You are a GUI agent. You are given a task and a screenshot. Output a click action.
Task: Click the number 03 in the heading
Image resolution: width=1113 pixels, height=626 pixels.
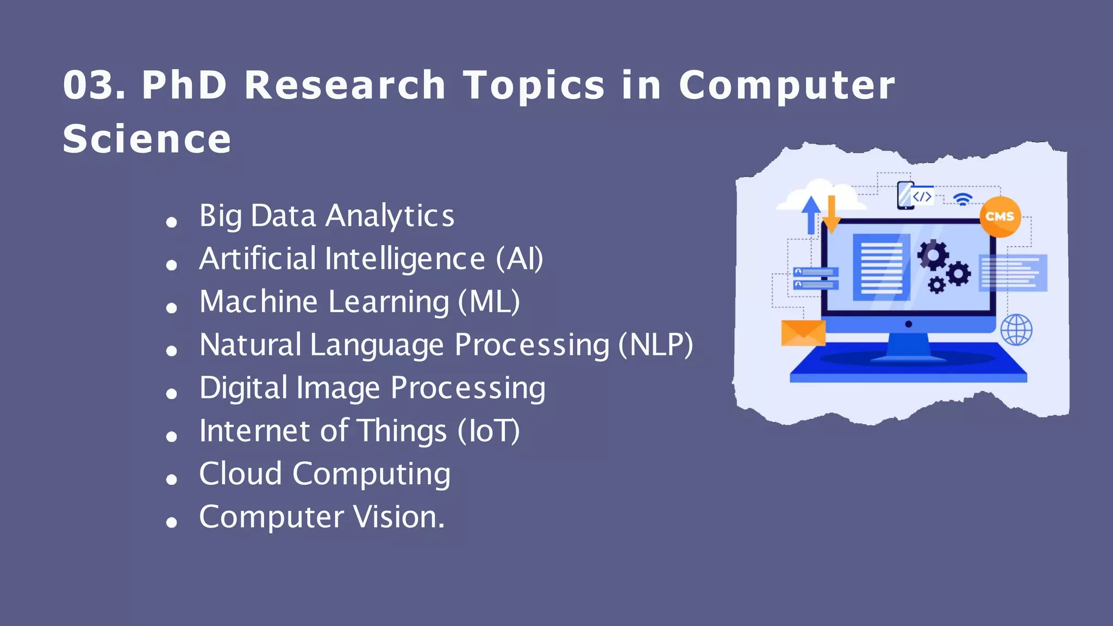[x=90, y=85]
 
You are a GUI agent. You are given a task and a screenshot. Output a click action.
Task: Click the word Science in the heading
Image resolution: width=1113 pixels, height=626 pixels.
[x=147, y=139]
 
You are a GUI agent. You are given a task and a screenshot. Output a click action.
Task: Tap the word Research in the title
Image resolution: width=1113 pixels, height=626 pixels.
[x=345, y=85]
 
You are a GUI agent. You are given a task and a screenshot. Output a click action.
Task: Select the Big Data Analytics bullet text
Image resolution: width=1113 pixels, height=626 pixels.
[x=327, y=216]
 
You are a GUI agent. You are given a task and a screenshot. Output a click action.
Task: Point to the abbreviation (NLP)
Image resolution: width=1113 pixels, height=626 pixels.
[x=656, y=345]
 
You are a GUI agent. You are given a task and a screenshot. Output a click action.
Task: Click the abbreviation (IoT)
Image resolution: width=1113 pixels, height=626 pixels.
[x=489, y=431]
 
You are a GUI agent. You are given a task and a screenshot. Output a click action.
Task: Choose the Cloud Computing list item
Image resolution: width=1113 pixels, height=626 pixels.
[x=324, y=474]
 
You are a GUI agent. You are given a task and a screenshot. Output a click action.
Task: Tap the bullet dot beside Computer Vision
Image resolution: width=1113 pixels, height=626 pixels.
[x=172, y=523]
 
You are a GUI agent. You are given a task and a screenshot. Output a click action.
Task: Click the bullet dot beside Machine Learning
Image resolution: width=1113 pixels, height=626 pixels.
[x=172, y=308]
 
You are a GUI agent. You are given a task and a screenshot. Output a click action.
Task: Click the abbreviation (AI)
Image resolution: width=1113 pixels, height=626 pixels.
[x=519, y=259]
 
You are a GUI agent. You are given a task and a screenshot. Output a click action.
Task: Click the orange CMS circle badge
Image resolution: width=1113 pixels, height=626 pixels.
[x=1000, y=216]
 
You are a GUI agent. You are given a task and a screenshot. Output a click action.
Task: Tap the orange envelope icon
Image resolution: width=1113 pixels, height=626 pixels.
[x=803, y=333]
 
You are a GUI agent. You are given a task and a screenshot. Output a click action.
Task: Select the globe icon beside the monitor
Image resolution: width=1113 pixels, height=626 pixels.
[x=1016, y=330]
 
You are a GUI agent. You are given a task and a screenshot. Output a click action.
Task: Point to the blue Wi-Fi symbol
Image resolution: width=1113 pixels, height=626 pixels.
[x=963, y=199]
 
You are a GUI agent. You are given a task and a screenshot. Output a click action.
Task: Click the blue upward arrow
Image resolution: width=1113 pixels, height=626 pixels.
[x=811, y=214]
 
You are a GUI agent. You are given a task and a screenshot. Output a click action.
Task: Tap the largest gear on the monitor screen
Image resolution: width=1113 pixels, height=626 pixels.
[x=933, y=254]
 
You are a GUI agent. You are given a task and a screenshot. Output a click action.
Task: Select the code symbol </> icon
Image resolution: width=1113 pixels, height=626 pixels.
[x=922, y=196]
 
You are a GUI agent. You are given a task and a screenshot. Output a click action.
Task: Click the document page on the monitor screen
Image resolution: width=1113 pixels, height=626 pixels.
[x=881, y=267]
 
